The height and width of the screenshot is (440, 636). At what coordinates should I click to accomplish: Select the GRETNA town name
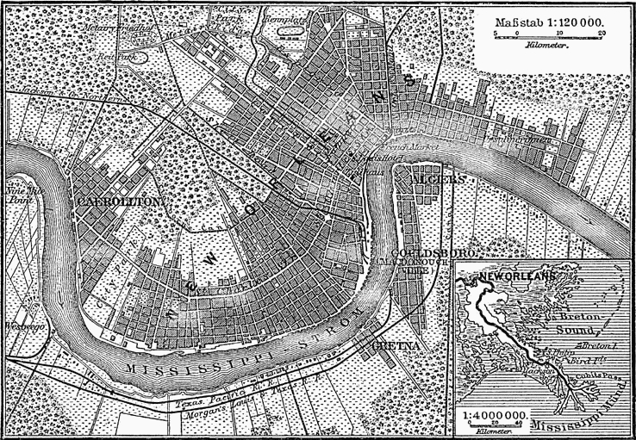[x=396, y=345]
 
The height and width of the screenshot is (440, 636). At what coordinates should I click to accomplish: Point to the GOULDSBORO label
[x=412, y=255]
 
